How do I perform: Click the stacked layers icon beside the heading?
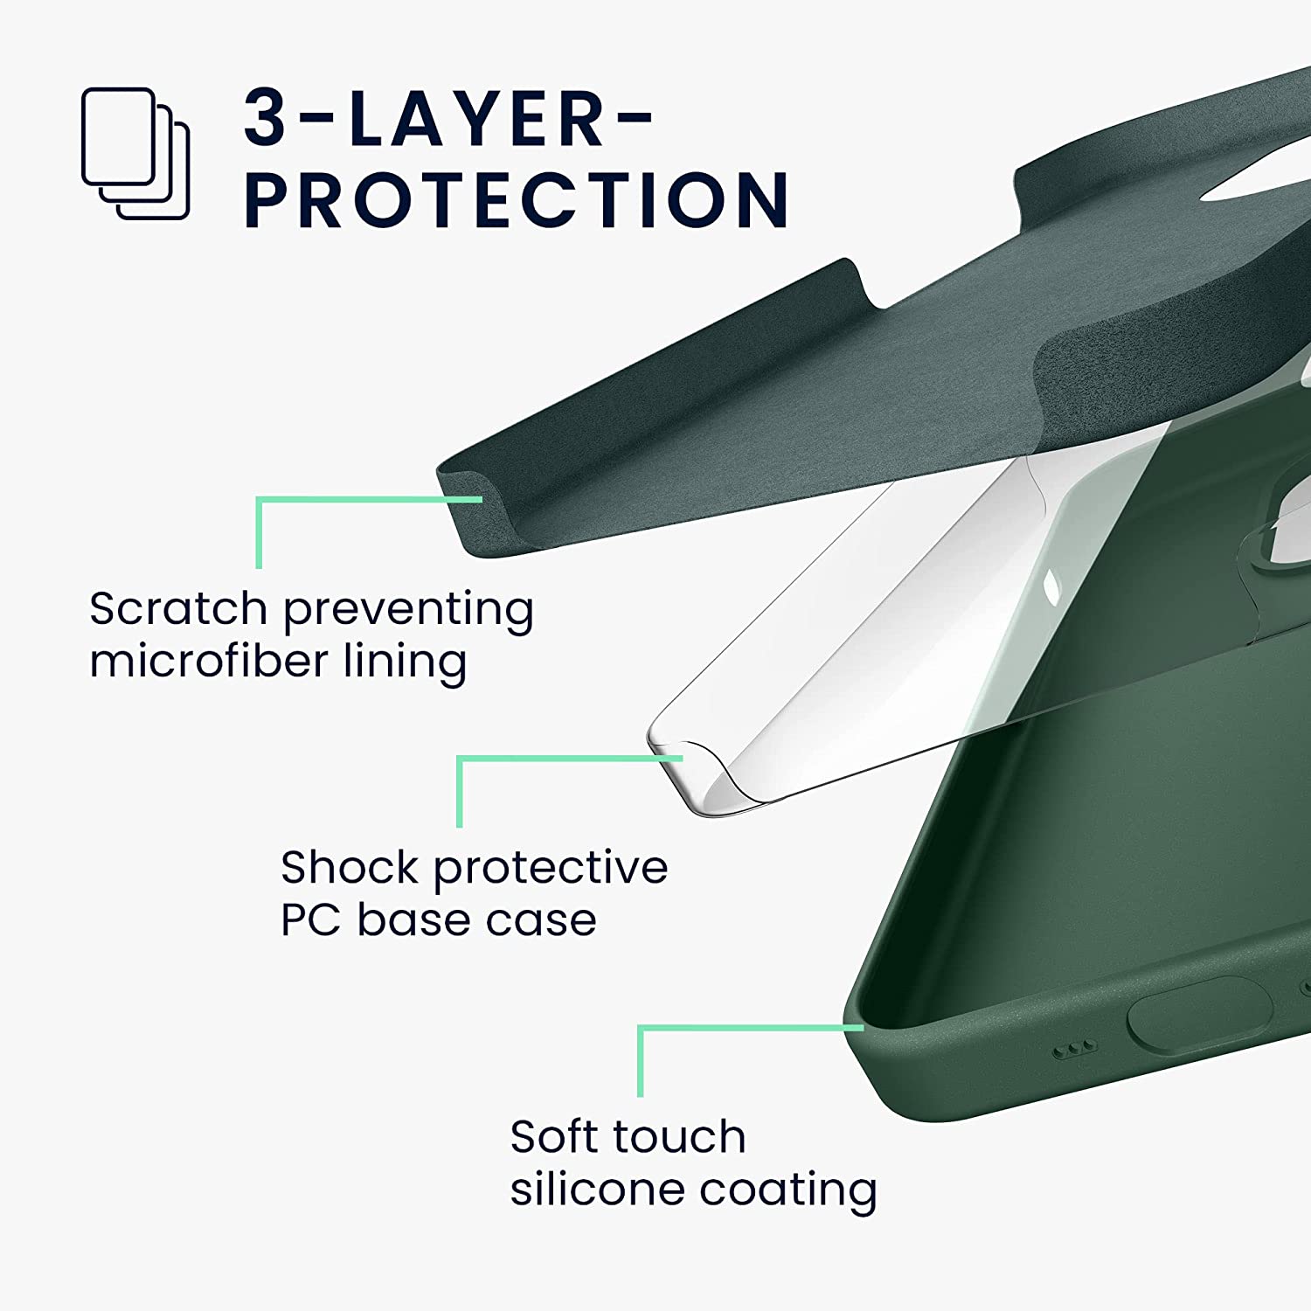coord(135,153)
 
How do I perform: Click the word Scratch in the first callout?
coord(177,608)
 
